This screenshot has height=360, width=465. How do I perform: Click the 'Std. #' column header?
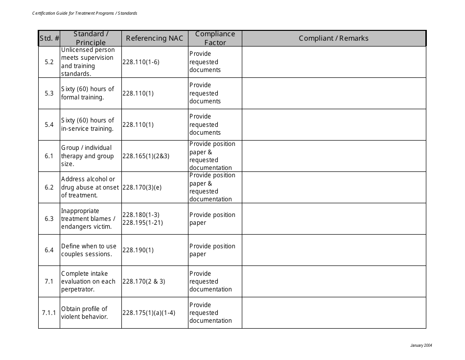(49, 38)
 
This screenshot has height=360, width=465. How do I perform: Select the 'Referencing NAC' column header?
(154, 38)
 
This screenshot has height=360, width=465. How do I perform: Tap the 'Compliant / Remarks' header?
(333, 38)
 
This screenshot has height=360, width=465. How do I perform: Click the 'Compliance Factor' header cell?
(215, 38)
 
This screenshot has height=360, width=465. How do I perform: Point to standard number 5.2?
(49, 62)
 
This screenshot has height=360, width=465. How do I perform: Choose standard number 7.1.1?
(49, 312)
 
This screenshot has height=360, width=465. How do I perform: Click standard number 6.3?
(49, 218)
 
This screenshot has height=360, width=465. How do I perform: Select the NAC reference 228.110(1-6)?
(141, 62)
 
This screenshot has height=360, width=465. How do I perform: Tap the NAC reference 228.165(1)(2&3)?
(146, 156)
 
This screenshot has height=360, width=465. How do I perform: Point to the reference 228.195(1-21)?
(142, 223)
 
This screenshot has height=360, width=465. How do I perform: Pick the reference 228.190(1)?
(138, 250)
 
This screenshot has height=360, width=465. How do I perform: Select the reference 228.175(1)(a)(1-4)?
(149, 312)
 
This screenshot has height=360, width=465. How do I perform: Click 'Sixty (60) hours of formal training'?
(88, 93)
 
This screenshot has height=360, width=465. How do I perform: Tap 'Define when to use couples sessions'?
(89, 250)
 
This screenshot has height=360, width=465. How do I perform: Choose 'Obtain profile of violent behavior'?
(84, 312)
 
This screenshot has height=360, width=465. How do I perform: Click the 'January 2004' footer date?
(421, 346)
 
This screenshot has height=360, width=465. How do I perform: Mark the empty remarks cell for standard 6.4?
(333, 250)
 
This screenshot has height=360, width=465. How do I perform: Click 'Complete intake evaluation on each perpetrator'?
(88, 281)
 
